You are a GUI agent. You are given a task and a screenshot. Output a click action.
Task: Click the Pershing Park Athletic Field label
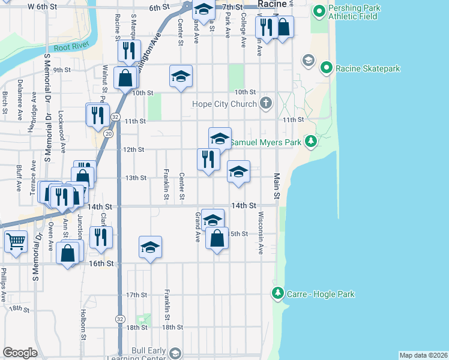click(x=354, y=12)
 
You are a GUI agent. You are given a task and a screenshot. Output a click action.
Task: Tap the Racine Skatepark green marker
click(x=327, y=68)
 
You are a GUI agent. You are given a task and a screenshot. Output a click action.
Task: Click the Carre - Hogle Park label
click(x=321, y=294)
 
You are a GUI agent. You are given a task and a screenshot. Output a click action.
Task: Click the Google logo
click(x=20, y=353)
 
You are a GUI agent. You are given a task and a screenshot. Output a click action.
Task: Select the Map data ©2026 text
click(x=423, y=355)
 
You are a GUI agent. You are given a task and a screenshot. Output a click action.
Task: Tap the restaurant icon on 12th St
click(x=208, y=160)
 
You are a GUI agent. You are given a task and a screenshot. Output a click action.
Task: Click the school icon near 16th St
click(x=151, y=247)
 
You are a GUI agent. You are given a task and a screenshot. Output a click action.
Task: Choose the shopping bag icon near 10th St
click(x=125, y=78)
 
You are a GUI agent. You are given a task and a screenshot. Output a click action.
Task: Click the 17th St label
click(x=136, y=295)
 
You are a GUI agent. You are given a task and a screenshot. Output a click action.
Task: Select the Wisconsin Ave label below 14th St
click(x=261, y=232)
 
